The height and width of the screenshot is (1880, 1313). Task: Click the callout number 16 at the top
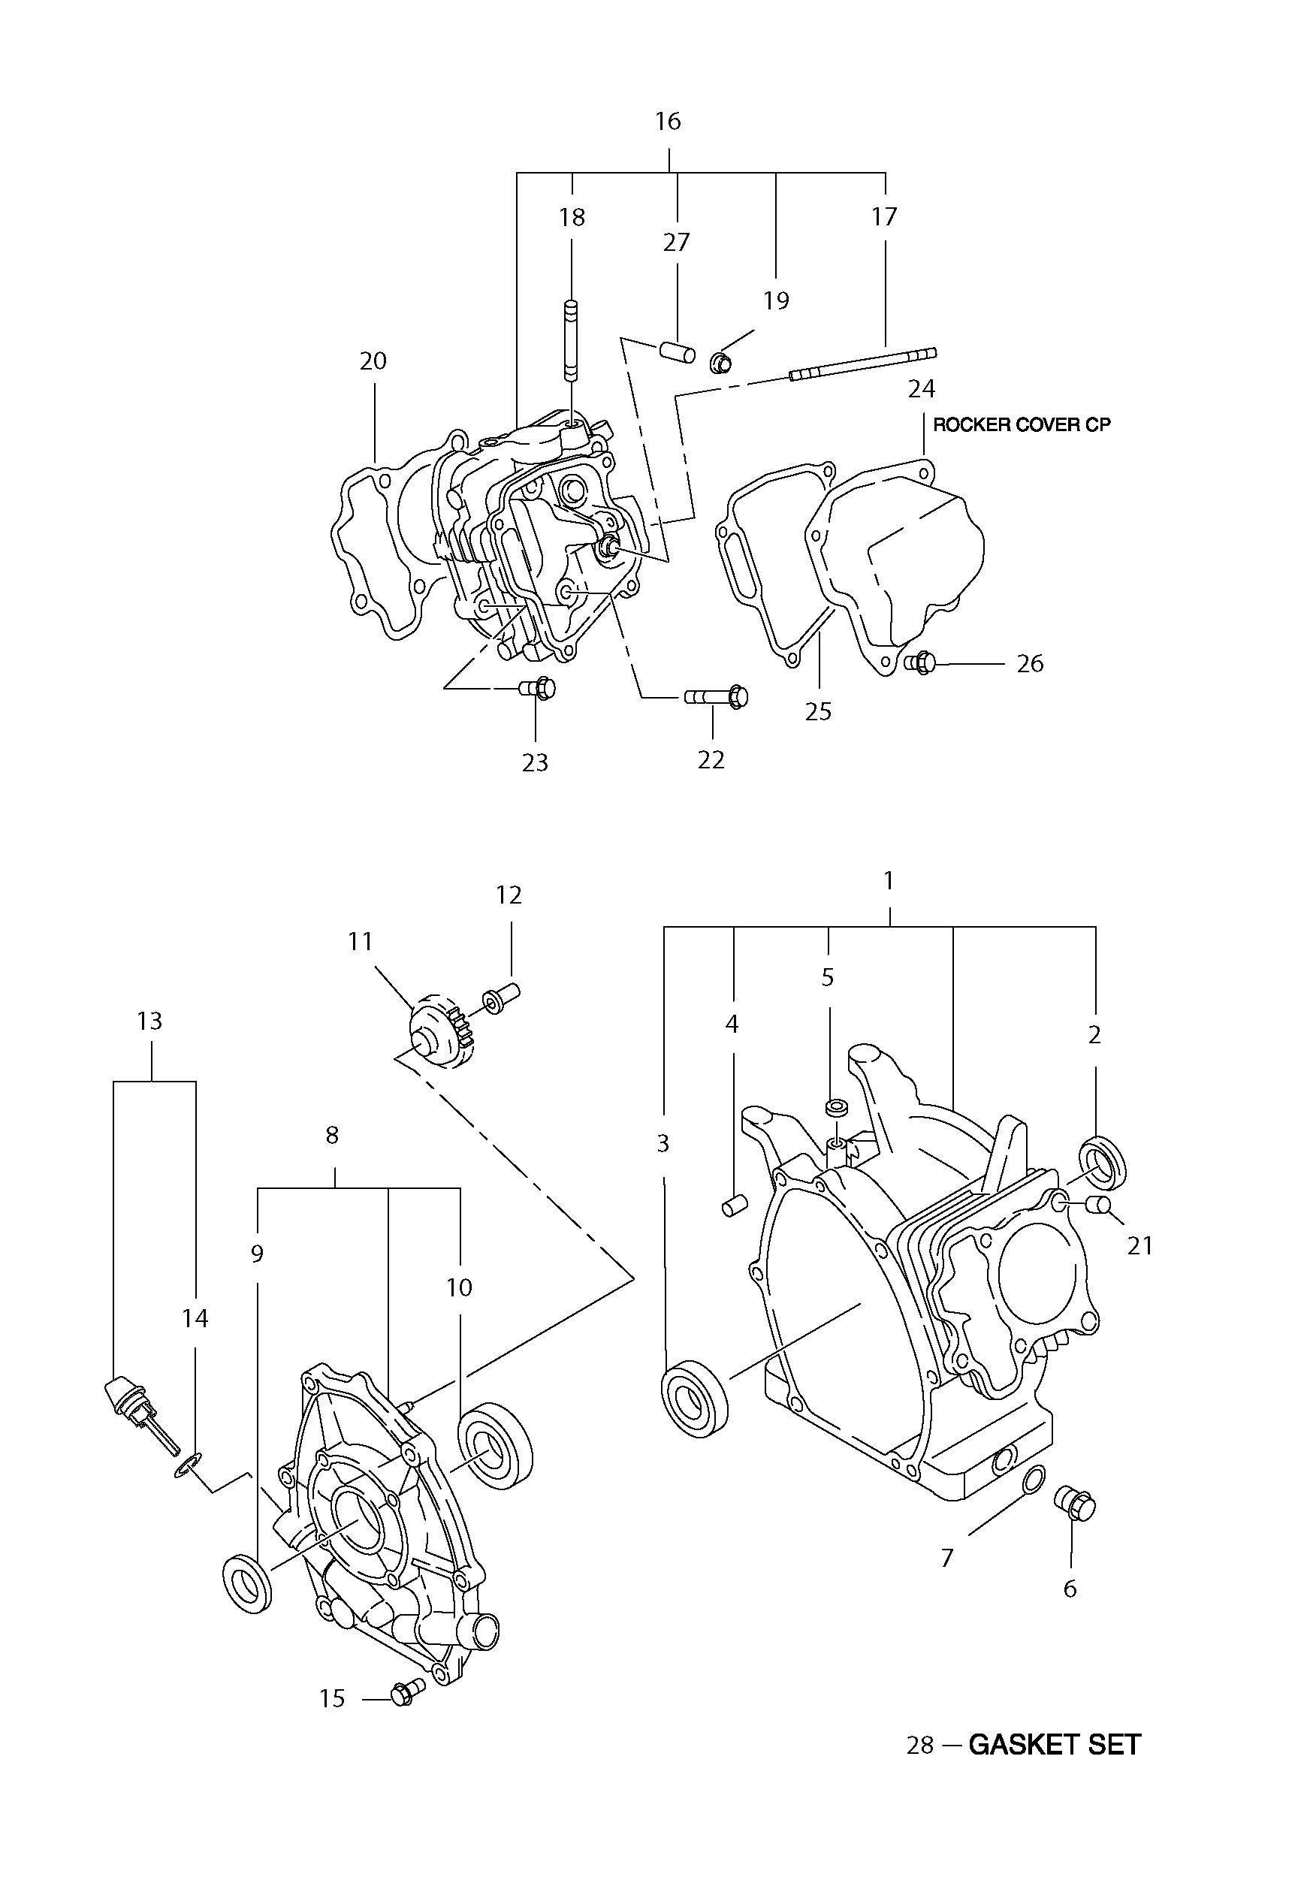[668, 121]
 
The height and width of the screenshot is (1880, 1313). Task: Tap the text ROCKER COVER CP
[1022, 425]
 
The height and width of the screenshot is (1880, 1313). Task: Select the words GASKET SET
[1055, 1745]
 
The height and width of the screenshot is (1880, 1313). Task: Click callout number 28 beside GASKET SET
[920, 1746]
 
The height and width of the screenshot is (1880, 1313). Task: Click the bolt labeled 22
[716, 697]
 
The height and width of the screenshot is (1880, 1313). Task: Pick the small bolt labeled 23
[537, 689]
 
